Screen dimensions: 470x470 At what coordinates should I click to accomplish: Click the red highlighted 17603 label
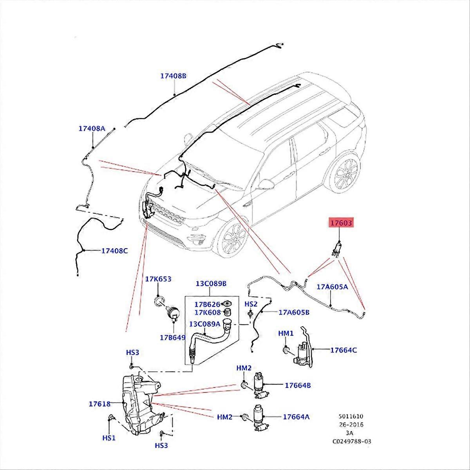pyautogui.click(x=340, y=224)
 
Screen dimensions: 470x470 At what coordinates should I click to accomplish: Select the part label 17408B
pyautogui.click(x=173, y=76)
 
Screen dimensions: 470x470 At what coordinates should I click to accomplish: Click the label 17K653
pyautogui.click(x=158, y=279)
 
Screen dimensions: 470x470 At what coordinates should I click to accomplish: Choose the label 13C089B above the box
pyautogui.click(x=211, y=283)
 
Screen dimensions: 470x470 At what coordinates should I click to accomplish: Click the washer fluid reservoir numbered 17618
pyautogui.click(x=137, y=403)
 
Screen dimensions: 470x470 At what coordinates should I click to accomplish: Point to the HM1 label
pyautogui.click(x=286, y=333)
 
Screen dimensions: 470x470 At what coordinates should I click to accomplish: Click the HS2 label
pyautogui.click(x=251, y=304)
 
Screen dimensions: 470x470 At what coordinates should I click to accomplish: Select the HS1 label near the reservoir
pyautogui.click(x=108, y=438)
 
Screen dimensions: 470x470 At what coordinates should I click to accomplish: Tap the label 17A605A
pyautogui.click(x=333, y=287)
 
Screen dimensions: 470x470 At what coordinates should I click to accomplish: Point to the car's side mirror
pyautogui.click(x=267, y=184)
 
